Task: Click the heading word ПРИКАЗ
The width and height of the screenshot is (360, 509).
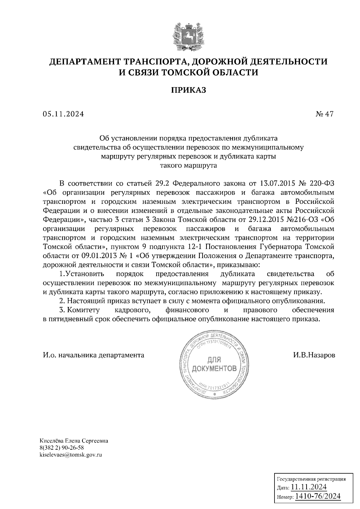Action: click(x=188, y=90)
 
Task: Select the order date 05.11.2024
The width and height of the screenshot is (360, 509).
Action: click(x=63, y=114)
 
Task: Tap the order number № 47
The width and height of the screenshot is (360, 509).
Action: click(x=324, y=114)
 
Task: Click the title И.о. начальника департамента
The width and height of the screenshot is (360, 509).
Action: click(x=94, y=355)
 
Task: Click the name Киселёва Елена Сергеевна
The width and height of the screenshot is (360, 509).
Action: click(x=74, y=441)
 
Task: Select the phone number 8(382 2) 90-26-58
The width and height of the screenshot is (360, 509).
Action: click(x=61, y=448)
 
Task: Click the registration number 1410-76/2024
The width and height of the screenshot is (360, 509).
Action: click(x=318, y=496)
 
